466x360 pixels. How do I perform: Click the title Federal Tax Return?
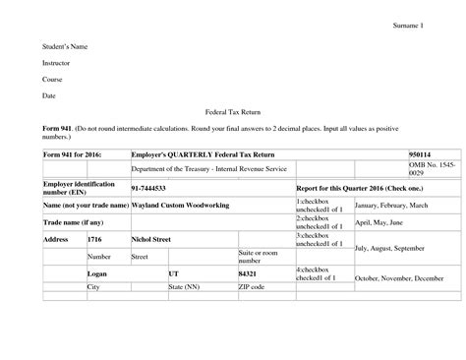[232, 114]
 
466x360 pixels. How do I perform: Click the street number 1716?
[95, 239]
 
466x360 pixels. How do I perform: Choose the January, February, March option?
[392, 205]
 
